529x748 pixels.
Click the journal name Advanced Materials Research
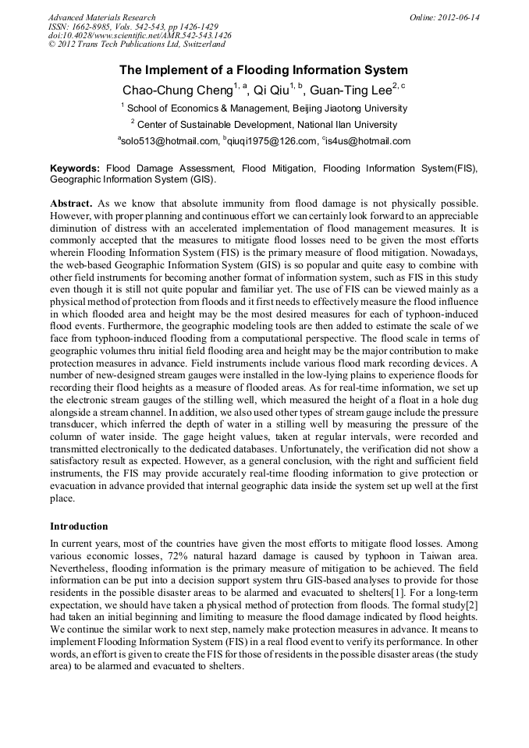[101, 17]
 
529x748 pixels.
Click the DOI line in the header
[140, 36]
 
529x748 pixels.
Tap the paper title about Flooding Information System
[264, 70]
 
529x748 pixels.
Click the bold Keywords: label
[75, 168]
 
